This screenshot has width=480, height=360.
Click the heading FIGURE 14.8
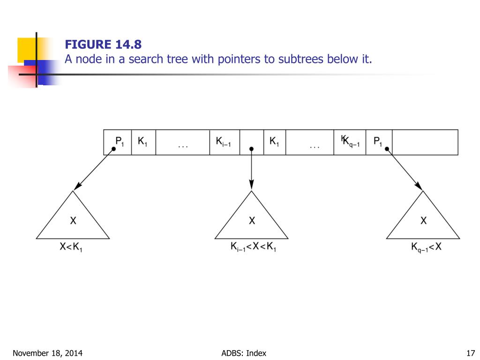pos(103,45)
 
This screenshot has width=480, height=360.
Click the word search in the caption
pos(140,60)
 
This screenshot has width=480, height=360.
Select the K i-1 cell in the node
pos(224,142)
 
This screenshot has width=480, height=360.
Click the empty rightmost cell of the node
pos(425,142)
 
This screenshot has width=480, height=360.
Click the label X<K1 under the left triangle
pos(71,247)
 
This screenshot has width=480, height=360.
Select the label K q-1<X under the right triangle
pos(426,247)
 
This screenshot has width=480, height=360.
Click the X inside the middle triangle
pos(252,220)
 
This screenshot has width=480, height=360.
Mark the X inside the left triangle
pos(73,220)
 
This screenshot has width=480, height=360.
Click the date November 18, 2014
pos(45,353)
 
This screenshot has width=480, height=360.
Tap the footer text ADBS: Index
pos(243,353)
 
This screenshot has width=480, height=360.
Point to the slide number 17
pos(472,353)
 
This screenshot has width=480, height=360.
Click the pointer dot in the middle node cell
pos(252,149)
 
